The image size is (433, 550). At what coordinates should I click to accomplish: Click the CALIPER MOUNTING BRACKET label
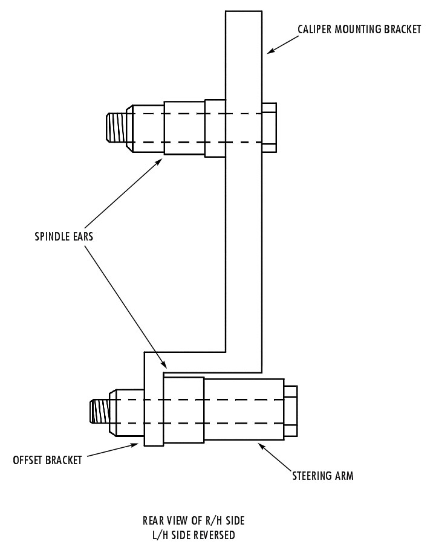point(359,29)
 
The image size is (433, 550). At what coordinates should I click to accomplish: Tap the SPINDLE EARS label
point(64,236)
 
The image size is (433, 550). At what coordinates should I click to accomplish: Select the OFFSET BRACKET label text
point(47,460)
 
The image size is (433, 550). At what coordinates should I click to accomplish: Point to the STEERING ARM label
point(323,476)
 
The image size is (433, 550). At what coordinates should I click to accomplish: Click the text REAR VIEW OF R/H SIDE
point(194,520)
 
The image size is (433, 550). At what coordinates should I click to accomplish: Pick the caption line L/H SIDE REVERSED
point(194,535)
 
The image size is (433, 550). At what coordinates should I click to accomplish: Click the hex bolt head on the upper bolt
point(269,128)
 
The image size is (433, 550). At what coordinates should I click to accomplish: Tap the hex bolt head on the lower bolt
point(290,411)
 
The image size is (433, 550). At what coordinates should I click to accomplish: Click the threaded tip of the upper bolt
point(117,128)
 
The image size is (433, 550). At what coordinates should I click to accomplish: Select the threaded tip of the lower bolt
point(100,411)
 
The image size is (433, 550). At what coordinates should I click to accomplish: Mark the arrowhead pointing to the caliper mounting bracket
point(271,50)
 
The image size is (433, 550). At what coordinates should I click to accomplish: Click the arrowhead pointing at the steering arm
point(262,447)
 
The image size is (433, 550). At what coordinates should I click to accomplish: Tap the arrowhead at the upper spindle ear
point(158,162)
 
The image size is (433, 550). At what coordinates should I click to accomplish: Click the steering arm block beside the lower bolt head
point(244,409)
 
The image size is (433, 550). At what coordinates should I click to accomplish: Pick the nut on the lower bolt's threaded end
point(126,412)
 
